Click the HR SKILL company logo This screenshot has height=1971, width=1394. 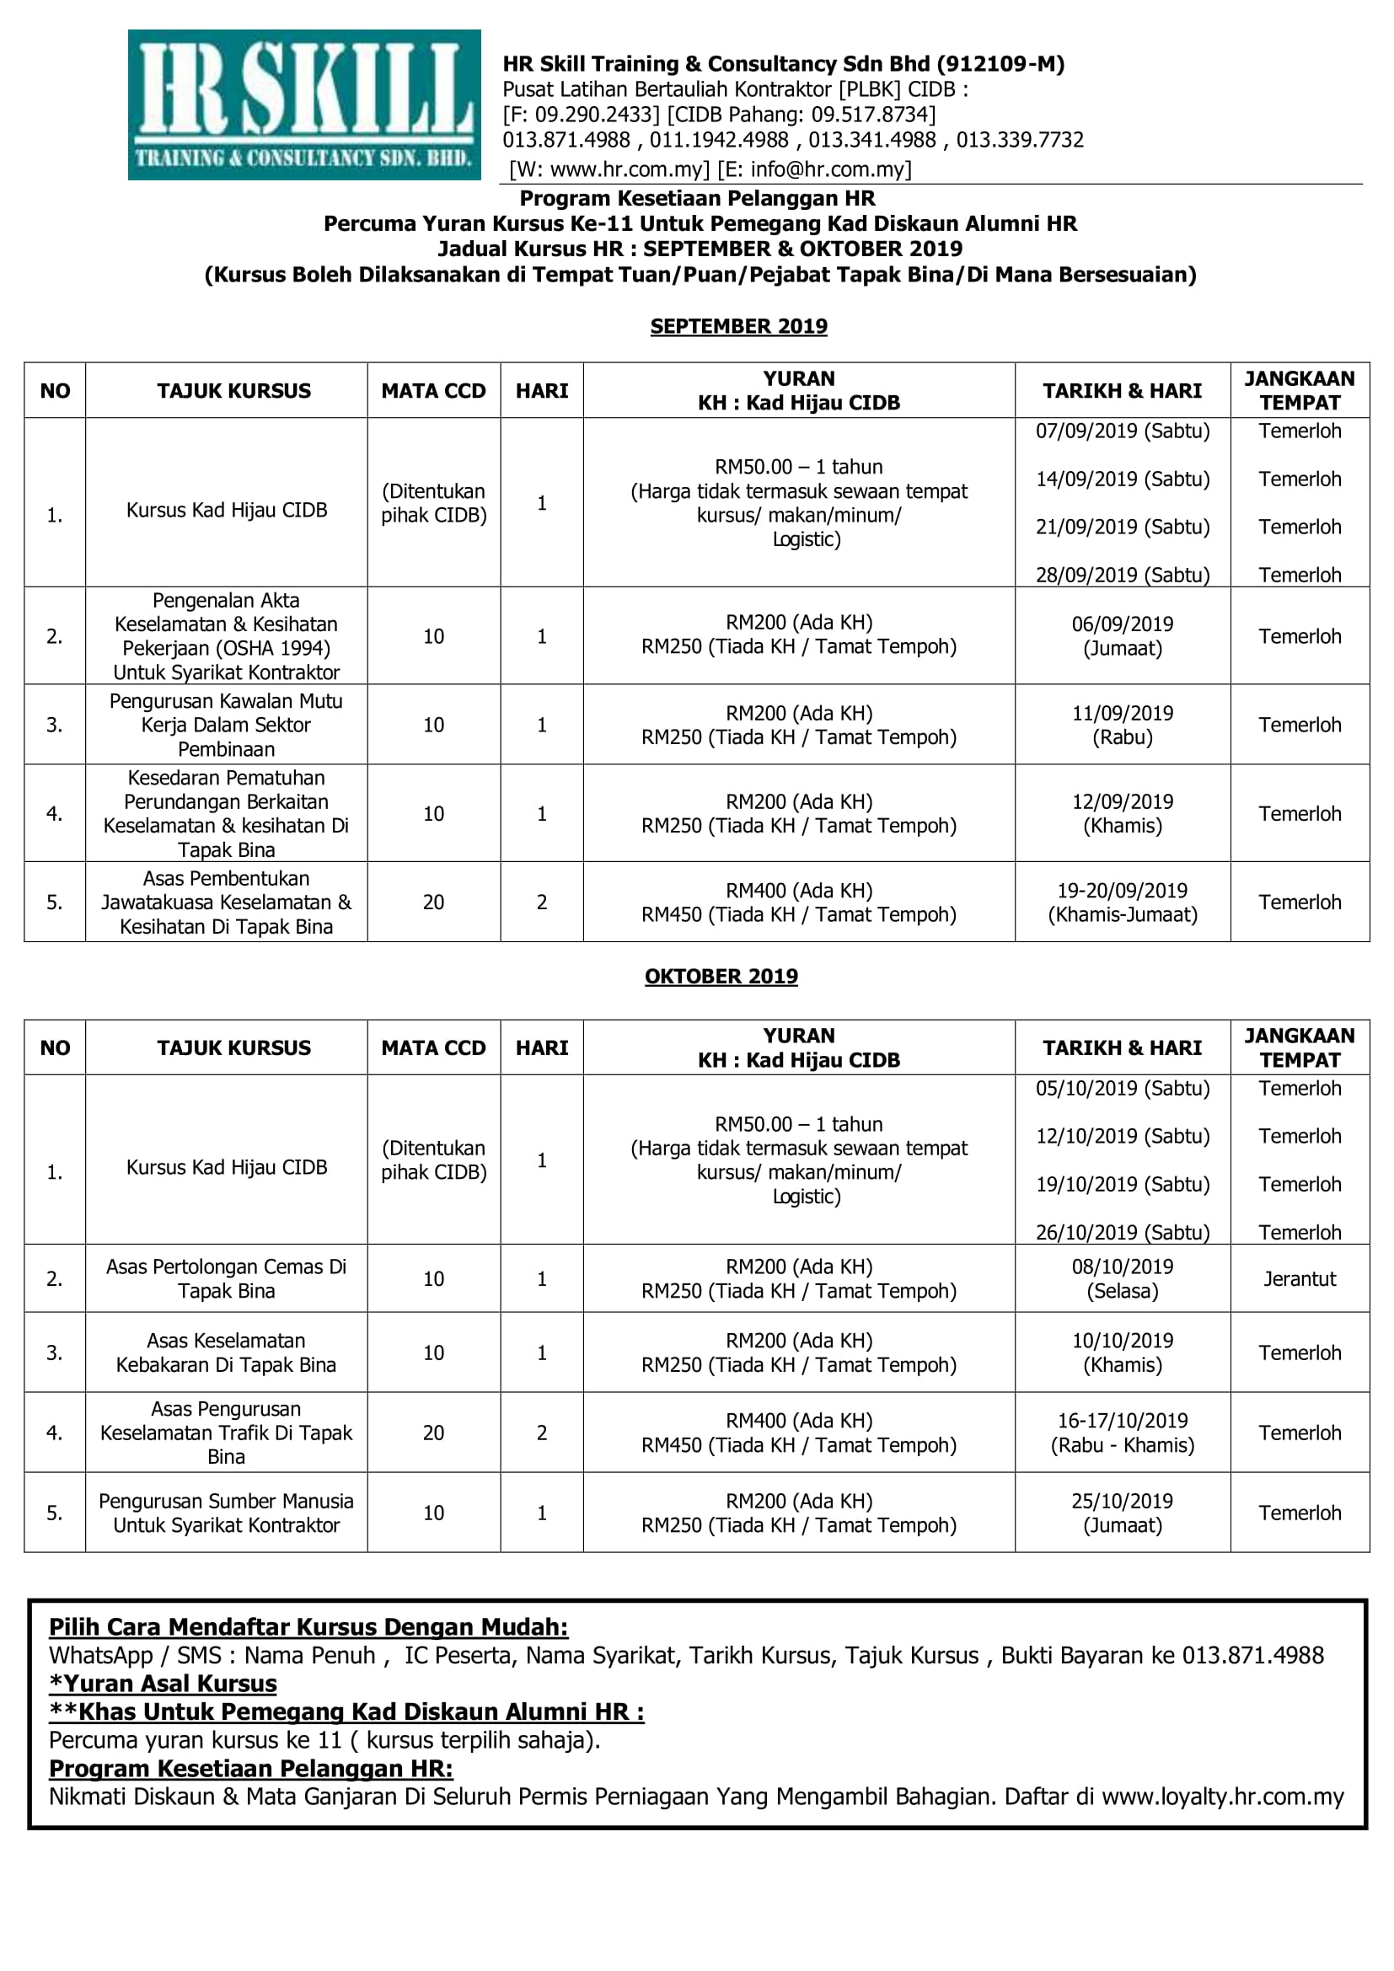click(304, 104)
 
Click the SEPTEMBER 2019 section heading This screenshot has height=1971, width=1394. click(738, 326)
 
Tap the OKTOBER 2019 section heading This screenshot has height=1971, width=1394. click(721, 976)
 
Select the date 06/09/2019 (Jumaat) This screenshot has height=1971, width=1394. click(1122, 636)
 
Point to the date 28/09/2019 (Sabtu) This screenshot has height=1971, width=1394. click(1122, 575)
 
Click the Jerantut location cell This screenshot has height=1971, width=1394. click(1300, 1278)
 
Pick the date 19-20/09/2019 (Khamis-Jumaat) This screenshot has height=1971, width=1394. click(1122, 902)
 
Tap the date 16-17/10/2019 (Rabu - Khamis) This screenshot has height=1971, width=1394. click(1122, 1432)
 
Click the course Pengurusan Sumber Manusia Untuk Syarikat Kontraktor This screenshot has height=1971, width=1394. click(227, 1513)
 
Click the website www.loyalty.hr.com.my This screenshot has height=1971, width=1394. click(1222, 1796)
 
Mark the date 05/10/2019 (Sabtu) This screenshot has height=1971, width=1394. click(1122, 1088)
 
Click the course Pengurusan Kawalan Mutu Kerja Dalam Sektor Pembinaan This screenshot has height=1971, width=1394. click(227, 725)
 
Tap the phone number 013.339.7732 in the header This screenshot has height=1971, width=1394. click(1020, 140)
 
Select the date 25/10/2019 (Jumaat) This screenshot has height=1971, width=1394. click(1122, 1513)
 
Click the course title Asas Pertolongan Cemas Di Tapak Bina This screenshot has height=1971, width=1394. click(227, 1278)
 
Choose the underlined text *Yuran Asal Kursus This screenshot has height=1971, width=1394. click(164, 1684)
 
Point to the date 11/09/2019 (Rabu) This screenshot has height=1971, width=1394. click(1122, 725)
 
